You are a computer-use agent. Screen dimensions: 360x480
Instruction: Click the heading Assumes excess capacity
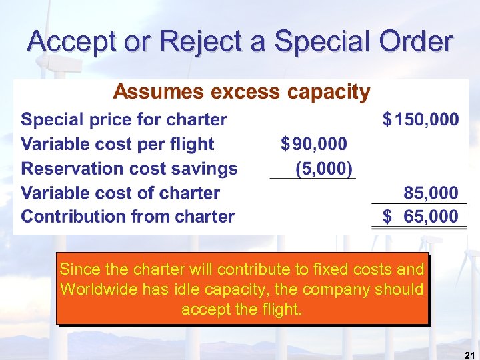click(x=241, y=92)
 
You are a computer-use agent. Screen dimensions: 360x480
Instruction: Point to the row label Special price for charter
click(x=124, y=120)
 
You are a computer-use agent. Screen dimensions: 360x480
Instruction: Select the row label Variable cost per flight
click(x=117, y=144)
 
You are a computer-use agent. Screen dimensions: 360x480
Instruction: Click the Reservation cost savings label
click(x=129, y=169)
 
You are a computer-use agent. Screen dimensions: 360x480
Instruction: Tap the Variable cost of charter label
click(x=121, y=193)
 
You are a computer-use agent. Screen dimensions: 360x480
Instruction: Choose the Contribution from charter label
click(x=128, y=217)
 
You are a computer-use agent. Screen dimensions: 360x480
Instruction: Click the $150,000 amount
click(x=421, y=120)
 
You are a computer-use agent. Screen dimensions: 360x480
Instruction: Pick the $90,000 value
click(x=314, y=144)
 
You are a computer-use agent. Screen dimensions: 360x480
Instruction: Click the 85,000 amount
click(x=431, y=193)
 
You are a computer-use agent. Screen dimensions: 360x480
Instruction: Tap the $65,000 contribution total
click(x=421, y=217)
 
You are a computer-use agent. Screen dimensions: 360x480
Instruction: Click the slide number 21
click(x=469, y=354)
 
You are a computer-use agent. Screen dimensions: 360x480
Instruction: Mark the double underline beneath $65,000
click(x=415, y=229)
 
